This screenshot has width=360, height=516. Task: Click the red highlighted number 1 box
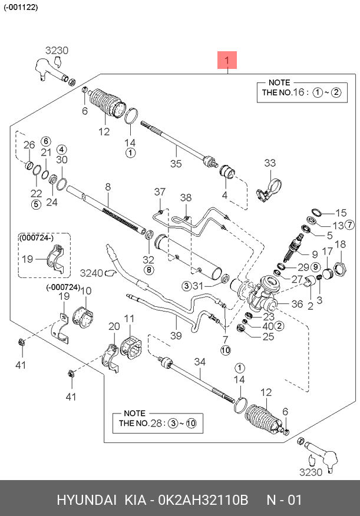tap(227, 60)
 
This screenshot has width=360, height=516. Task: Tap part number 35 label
tap(176, 164)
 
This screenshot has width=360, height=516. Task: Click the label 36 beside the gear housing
tap(297, 304)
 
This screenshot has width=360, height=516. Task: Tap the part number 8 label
tap(108, 187)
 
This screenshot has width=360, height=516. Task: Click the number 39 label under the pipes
tap(176, 336)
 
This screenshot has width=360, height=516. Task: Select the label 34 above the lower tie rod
tap(200, 362)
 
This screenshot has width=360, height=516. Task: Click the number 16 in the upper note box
tap(299, 92)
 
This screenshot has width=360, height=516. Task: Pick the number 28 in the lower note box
tap(156, 423)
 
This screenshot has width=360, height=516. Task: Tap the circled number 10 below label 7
tap(226, 350)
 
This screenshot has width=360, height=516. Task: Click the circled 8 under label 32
tap(148, 270)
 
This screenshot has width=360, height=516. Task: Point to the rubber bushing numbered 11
tap(131, 347)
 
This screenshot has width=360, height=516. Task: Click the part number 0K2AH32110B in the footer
tap(203, 500)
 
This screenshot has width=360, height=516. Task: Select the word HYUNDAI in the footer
tap(87, 500)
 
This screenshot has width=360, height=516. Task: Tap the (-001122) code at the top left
tap(21, 7)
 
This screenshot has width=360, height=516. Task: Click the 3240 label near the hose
tap(91, 273)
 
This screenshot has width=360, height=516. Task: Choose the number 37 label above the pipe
tap(160, 192)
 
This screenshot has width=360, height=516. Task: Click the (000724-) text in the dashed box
tap(36, 237)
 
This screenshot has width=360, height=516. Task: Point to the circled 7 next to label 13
tap(349, 225)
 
